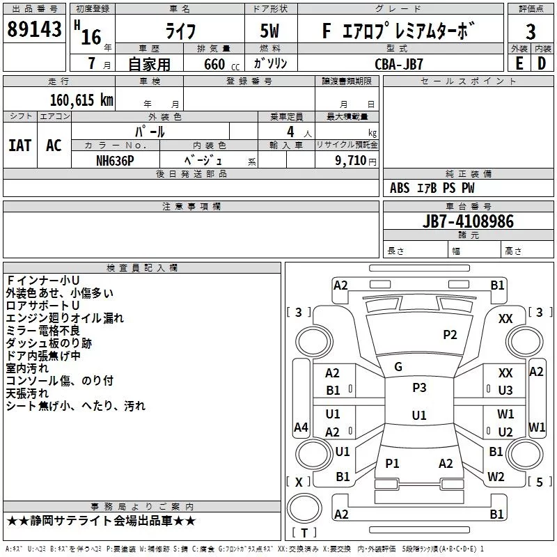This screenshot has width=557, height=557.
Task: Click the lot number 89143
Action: (34, 29)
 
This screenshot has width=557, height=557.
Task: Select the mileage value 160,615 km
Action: (81, 100)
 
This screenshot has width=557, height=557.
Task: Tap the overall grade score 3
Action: (531, 31)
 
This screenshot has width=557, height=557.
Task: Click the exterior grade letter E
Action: (519, 63)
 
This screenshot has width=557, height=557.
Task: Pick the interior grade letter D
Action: (542, 63)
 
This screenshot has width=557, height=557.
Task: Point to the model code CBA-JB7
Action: (399, 64)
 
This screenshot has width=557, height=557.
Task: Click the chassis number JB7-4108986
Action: (468, 221)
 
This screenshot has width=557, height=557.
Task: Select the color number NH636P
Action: (115, 161)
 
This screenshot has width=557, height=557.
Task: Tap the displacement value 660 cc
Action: (221, 64)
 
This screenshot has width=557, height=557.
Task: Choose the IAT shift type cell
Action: (20, 146)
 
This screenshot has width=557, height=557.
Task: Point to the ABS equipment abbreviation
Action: (400, 188)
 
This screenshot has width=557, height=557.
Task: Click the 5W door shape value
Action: (269, 31)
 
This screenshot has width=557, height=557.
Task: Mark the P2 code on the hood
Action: (450, 335)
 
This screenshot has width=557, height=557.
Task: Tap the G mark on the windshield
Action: (398, 367)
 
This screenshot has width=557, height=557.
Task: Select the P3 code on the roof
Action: (419, 388)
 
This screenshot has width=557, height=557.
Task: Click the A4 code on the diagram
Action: (301, 427)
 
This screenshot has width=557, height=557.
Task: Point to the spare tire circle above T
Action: (304, 508)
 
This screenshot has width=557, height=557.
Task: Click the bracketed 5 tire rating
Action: (540, 482)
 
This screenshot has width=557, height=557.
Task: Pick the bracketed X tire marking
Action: (299, 482)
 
